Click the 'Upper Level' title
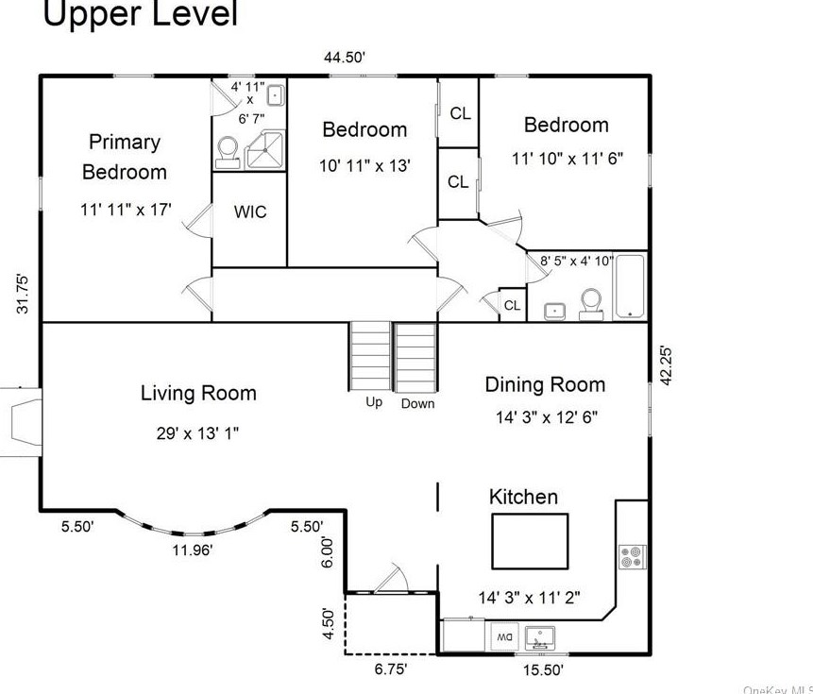click(x=141, y=14)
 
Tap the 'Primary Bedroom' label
click(x=125, y=157)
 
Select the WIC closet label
click(x=250, y=212)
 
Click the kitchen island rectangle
click(x=529, y=540)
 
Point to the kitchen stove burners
click(x=630, y=556)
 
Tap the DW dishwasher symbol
click(x=503, y=637)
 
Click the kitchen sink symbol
click(x=540, y=637)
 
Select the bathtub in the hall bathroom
click(x=630, y=285)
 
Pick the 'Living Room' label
click(x=198, y=393)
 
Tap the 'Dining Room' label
click(x=545, y=384)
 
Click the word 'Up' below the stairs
click(x=374, y=402)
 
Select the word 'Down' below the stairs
click(x=417, y=403)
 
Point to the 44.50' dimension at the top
click(x=345, y=58)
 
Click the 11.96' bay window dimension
click(x=192, y=550)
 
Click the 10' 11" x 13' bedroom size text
click(x=364, y=166)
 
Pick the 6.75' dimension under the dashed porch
click(x=390, y=668)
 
